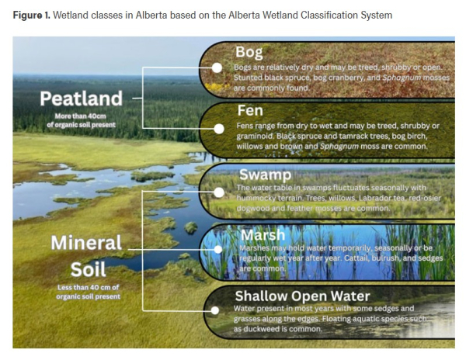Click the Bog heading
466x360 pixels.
249,53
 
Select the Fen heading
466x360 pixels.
250,111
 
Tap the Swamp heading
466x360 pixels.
263,175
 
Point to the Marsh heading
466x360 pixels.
262,234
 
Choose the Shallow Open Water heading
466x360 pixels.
303,296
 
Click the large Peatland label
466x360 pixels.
81,99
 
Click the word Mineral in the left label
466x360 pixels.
86,243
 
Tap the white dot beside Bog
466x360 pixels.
217,68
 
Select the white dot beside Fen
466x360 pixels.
217,128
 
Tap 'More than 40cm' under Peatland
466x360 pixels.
81,117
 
